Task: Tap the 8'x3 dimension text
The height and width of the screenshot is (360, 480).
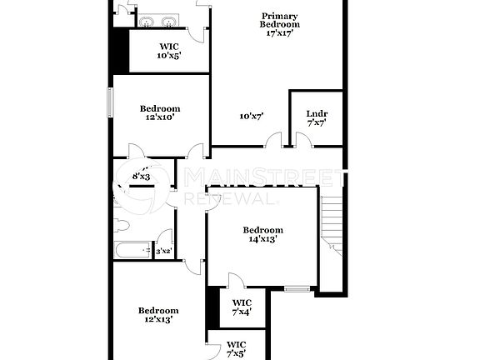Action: click(141, 176)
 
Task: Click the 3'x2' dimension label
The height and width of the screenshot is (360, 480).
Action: click(163, 251)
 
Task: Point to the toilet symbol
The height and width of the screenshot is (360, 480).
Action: click(122, 224)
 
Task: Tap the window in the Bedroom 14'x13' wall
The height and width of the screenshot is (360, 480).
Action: click(297, 289)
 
